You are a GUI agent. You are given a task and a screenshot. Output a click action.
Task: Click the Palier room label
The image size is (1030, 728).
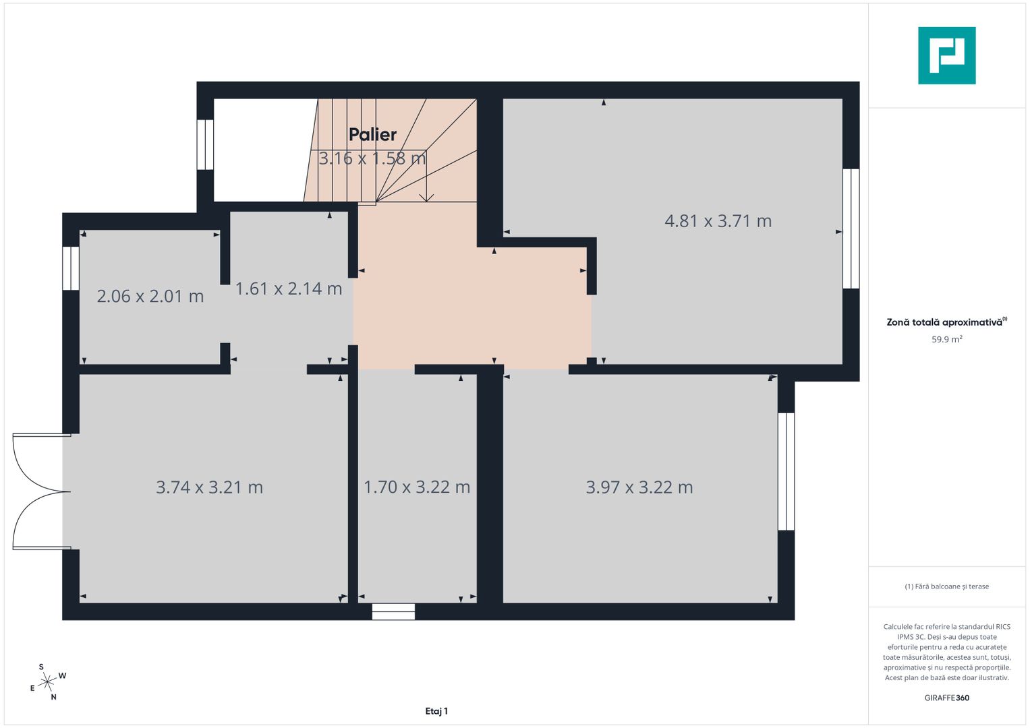[372, 135]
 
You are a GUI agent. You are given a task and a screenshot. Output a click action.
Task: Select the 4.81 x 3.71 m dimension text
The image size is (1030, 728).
[718, 221]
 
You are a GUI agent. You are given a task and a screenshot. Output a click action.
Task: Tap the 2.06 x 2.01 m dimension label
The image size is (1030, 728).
[150, 296]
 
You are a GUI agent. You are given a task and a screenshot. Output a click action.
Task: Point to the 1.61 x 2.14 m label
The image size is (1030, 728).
[289, 289]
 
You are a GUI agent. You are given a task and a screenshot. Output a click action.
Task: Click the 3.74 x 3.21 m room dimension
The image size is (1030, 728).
[210, 487]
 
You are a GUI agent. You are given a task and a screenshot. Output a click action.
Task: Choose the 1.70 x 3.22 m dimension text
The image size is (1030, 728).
[417, 487]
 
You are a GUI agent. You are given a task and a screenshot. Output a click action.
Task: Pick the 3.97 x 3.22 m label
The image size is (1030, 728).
[639, 487]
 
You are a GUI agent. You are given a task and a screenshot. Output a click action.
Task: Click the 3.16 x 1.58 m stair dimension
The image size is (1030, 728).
[372, 158]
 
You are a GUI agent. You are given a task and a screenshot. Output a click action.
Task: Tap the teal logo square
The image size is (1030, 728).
[947, 55]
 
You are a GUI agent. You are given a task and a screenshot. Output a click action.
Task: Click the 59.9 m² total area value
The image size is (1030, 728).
[947, 339]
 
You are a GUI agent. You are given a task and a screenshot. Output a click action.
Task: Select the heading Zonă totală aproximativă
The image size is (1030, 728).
[947, 322]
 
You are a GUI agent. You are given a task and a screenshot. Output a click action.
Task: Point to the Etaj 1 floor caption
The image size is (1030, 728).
[436, 711]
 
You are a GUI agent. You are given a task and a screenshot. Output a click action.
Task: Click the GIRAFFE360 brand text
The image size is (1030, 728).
[947, 698]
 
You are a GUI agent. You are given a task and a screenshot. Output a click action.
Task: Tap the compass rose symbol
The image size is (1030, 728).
[47, 681]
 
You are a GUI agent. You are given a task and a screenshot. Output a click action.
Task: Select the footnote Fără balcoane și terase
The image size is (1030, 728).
[947, 586]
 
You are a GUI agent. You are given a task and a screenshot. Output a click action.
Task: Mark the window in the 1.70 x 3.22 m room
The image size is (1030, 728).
[393, 612]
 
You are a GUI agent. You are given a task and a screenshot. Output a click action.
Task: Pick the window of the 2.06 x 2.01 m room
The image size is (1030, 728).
[71, 268]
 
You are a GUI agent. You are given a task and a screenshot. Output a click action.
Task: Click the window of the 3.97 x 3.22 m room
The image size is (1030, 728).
[786, 472]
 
